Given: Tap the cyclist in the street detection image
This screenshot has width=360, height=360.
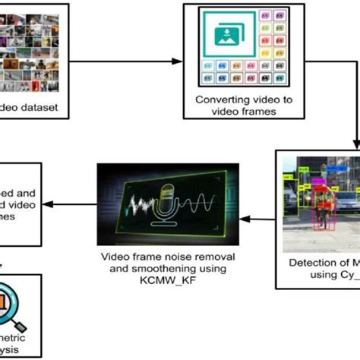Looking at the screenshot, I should tap(325, 207).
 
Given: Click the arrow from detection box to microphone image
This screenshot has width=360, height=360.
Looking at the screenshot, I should tap(263, 219).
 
